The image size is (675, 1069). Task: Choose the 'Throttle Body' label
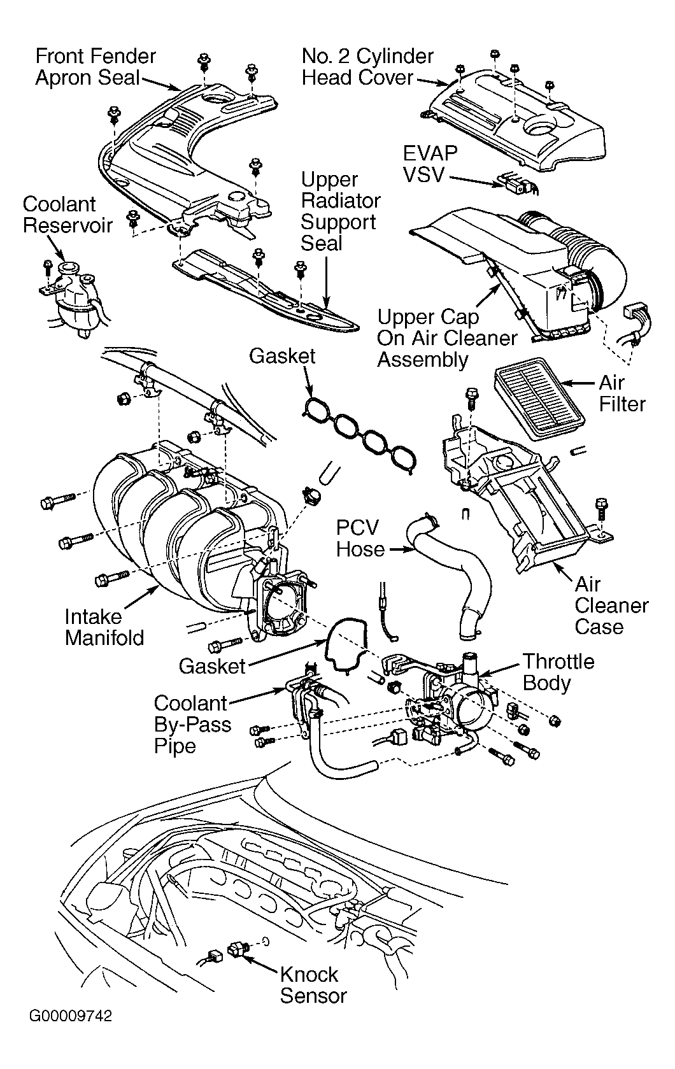tap(558, 672)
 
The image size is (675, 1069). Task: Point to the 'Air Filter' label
tap(622, 393)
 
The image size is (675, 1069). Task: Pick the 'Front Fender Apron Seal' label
tap(96, 67)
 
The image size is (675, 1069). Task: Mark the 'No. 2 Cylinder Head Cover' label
tap(367, 67)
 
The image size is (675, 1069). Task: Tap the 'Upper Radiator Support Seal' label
tap(340, 211)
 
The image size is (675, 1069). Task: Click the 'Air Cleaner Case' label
tap(611, 605)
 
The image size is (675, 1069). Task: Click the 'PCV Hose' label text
tap(360, 538)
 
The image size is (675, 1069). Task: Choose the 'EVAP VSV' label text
tap(430, 164)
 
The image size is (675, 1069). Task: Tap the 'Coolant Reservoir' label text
tap(67, 215)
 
